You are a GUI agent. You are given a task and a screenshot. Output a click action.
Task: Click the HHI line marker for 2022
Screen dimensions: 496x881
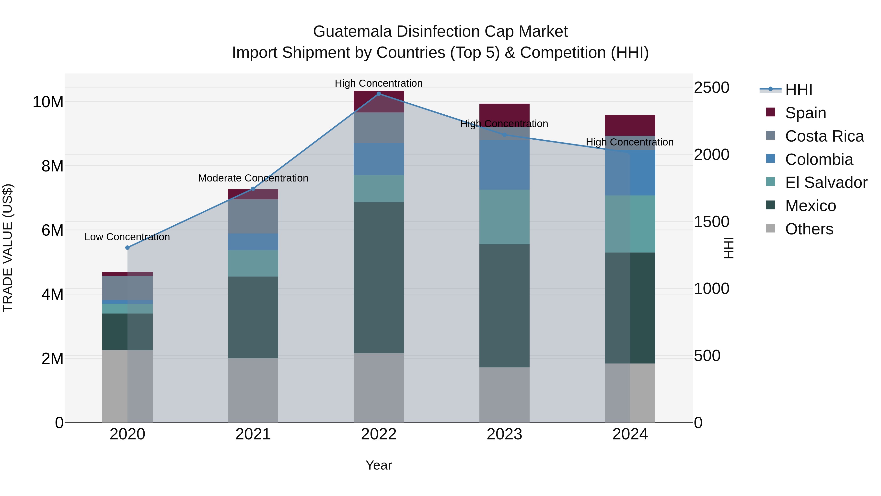(379, 94)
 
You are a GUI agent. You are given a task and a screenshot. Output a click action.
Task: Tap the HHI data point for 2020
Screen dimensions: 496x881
(128, 247)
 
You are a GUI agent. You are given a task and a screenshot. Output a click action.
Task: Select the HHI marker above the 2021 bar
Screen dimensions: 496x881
(253, 189)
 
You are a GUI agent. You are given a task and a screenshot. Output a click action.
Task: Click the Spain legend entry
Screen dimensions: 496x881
(805, 113)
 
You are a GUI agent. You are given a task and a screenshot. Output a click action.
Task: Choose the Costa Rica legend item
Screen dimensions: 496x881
(824, 136)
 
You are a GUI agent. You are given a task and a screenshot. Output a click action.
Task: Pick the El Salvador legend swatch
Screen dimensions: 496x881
(771, 182)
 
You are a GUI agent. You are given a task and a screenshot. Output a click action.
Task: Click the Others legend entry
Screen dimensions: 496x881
(809, 229)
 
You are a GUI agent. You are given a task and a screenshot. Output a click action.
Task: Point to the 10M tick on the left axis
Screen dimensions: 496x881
(48, 102)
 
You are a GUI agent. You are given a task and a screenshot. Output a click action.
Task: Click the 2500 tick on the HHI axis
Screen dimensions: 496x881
(711, 88)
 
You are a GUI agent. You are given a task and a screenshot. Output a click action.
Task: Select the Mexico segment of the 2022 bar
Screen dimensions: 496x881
(379, 277)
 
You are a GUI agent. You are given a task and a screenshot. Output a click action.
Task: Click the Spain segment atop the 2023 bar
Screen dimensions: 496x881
(504, 111)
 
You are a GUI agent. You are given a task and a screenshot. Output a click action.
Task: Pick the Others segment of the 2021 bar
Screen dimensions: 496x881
(253, 390)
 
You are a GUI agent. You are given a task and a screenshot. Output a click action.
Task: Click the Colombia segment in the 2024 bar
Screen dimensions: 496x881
(630, 173)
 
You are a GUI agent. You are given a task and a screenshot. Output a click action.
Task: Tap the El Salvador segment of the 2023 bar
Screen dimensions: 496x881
(504, 217)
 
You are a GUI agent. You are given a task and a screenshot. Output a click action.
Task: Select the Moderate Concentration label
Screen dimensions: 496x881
(253, 178)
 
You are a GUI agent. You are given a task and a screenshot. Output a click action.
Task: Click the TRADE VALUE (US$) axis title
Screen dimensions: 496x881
(8, 248)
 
